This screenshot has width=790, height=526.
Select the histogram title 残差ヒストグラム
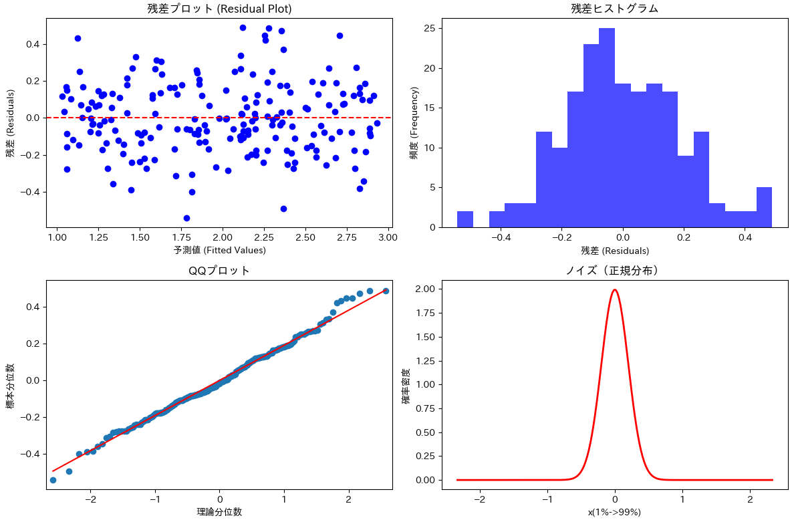pyautogui.click(x=615, y=9)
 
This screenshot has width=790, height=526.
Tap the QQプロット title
pyautogui.click(x=219, y=271)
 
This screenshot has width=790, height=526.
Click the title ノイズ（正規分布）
pyautogui.click(x=615, y=271)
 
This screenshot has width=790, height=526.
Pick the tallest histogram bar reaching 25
pyautogui.click(x=607, y=128)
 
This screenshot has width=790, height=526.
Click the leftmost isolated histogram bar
pyautogui.click(x=465, y=220)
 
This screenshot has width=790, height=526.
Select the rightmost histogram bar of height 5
pyautogui.click(x=765, y=208)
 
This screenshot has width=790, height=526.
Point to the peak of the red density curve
pyautogui.click(x=615, y=289)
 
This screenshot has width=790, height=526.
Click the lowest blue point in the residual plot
pyautogui.click(x=187, y=218)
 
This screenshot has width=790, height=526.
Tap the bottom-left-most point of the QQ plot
pyautogui.click(x=53, y=480)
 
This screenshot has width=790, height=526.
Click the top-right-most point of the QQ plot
pyautogui.click(x=386, y=291)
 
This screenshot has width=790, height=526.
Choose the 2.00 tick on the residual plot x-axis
pyautogui.click(x=223, y=237)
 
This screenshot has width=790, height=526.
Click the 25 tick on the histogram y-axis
pyautogui.click(x=430, y=29)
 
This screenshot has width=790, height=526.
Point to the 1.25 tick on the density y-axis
pyautogui.click(x=426, y=361)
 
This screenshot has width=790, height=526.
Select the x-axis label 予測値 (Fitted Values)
pyautogui.click(x=220, y=250)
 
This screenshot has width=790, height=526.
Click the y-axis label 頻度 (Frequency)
pyautogui.click(x=414, y=123)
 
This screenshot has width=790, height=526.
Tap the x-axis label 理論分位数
pyautogui.click(x=219, y=512)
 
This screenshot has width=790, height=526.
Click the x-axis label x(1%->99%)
pyautogui.click(x=615, y=513)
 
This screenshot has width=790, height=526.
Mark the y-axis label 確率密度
pyautogui.click(x=406, y=386)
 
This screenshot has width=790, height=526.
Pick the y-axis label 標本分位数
pyautogui.click(x=11, y=386)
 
